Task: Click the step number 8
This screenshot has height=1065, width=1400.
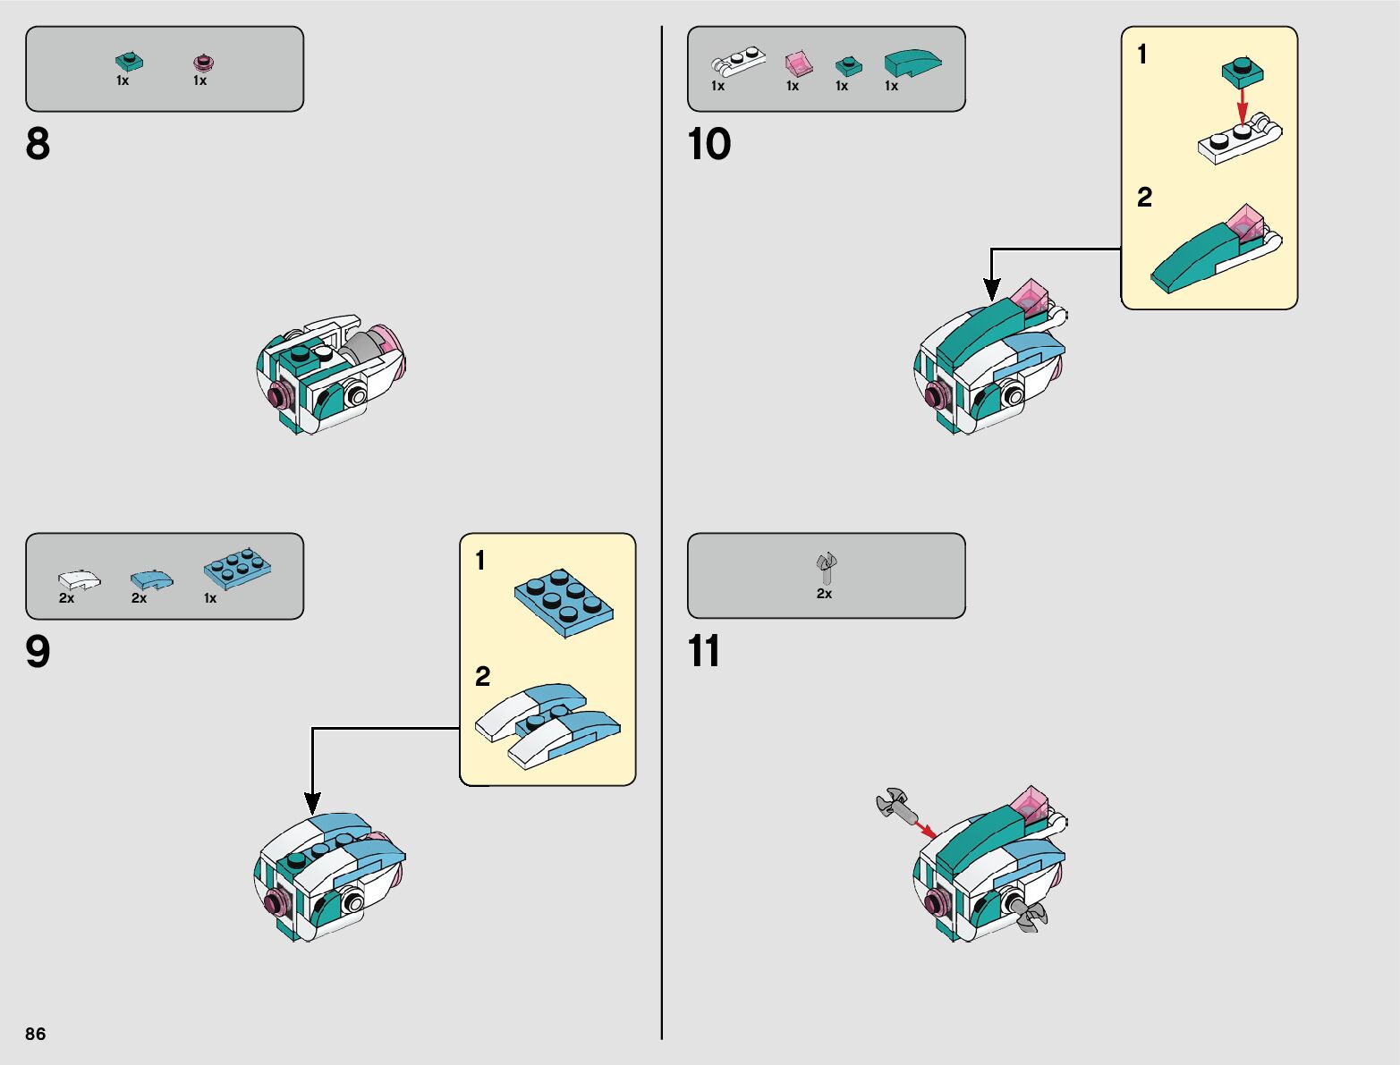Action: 38,144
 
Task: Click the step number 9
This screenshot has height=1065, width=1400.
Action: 38,652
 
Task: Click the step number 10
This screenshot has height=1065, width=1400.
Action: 708,144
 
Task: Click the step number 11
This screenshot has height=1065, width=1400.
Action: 704,652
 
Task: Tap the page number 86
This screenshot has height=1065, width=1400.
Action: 35,1034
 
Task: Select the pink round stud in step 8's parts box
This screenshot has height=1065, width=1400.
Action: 204,63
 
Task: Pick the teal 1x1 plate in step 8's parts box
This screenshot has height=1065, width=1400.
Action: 129,61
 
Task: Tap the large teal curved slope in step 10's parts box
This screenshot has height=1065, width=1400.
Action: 912,62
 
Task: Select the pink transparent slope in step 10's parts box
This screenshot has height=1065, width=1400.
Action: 798,63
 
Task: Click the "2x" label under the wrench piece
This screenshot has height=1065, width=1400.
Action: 824,594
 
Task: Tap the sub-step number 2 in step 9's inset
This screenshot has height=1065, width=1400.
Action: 483,676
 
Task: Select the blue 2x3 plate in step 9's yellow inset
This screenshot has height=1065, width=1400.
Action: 564,602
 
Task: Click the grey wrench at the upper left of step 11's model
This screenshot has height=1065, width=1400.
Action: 895,803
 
